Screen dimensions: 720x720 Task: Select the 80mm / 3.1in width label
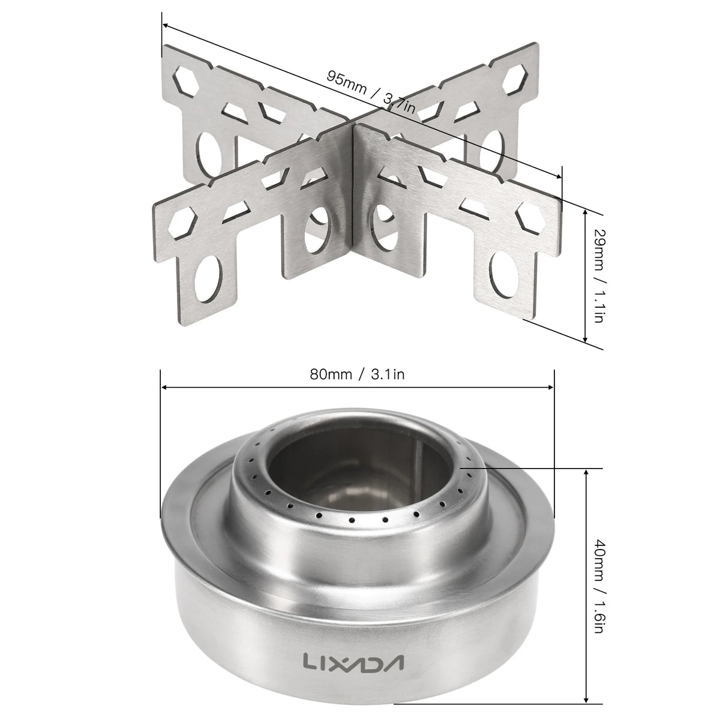click(357, 375)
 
